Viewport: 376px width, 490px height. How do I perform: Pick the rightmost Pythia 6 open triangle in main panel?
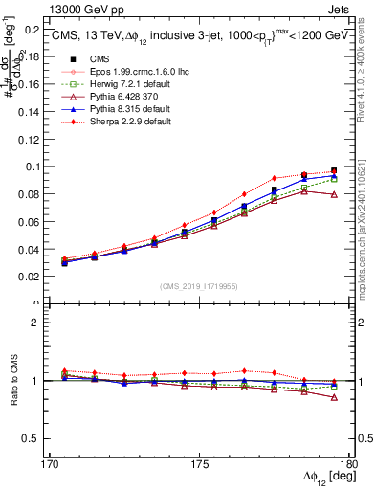333,194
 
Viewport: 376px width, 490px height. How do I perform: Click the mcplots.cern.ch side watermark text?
367,230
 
